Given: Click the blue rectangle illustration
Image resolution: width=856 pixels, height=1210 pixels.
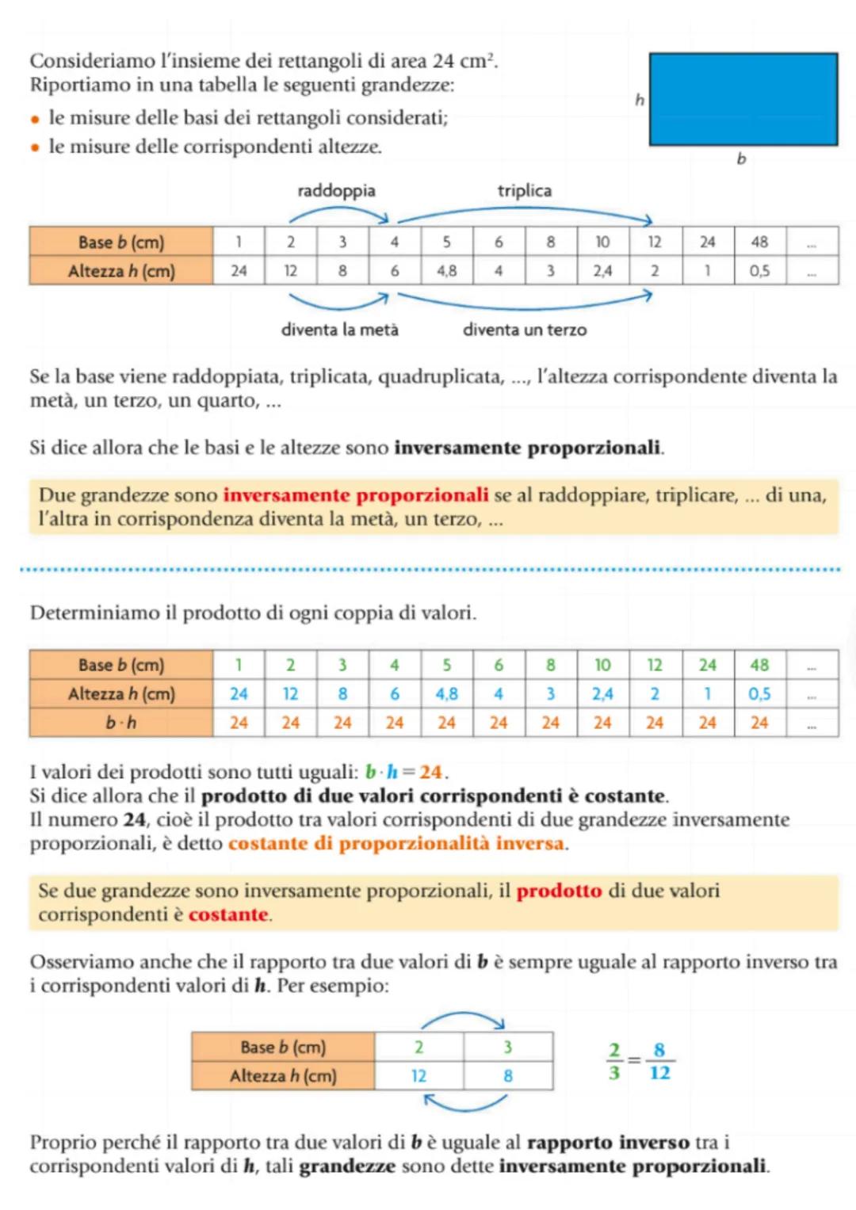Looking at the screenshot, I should coord(743,99).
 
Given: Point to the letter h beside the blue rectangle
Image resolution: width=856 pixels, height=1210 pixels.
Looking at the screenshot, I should coord(640,100).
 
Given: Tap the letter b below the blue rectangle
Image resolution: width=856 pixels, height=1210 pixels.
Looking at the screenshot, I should coord(741,159).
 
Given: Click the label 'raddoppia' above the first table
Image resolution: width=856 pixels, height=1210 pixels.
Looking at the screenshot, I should coord(336,191).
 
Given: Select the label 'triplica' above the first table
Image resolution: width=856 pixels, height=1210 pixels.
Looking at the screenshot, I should coord(524,191).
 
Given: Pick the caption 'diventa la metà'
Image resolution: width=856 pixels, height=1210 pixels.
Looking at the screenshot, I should coord(339,330).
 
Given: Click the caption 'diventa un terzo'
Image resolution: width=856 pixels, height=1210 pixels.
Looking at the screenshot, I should coord(525,330).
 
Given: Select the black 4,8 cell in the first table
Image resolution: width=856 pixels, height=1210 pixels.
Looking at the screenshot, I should coord(446,271).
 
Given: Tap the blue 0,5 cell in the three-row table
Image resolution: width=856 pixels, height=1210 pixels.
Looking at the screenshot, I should coord(759,694).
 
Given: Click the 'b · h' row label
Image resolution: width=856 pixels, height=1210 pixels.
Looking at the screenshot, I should coord(121,723).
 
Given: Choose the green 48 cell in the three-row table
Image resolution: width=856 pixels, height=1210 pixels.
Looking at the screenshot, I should coord(759,665).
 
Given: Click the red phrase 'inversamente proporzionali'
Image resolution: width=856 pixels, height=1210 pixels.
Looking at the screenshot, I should coord(356,495).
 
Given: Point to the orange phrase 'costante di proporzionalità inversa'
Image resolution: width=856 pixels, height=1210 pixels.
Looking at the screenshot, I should coord(397,843).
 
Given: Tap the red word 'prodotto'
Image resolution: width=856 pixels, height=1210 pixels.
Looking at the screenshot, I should coord(559,891).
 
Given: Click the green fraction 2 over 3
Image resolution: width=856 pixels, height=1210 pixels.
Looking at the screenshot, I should coord(614,1062).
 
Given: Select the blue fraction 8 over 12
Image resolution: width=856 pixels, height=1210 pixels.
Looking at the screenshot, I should coord(659,1062).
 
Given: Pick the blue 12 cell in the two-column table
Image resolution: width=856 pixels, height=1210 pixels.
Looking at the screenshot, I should coord(418,1076).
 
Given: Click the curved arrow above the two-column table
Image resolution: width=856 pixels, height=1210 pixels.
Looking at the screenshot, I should coord(464,1018).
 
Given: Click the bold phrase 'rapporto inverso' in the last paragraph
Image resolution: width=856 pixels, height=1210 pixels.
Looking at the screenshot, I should coord(608,1143).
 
